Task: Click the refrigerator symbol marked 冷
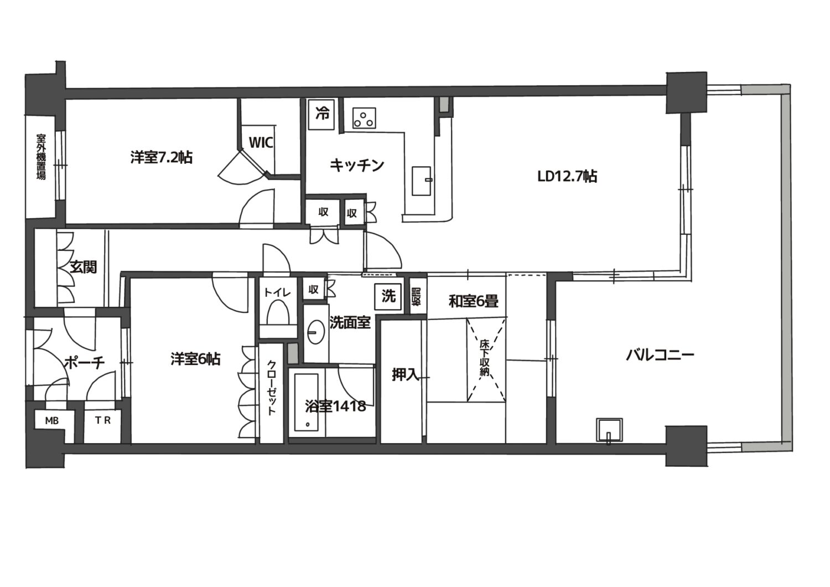(321, 115)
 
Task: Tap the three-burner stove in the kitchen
(364, 118)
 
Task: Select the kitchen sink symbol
(422, 181)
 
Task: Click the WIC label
(261, 142)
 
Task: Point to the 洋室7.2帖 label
(162, 158)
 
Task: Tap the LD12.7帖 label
(567, 177)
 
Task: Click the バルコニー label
(660, 356)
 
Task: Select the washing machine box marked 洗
(388, 297)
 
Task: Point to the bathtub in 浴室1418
(307, 402)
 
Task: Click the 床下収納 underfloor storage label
(485, 358)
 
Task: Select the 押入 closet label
(406, 375)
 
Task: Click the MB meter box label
(52, 421)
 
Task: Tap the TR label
(102, 420)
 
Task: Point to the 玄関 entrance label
(84, 267)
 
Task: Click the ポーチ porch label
(84, 363)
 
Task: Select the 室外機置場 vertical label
(41, 157)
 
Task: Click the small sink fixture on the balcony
(609, 430)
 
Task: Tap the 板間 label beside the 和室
(417, 297)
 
